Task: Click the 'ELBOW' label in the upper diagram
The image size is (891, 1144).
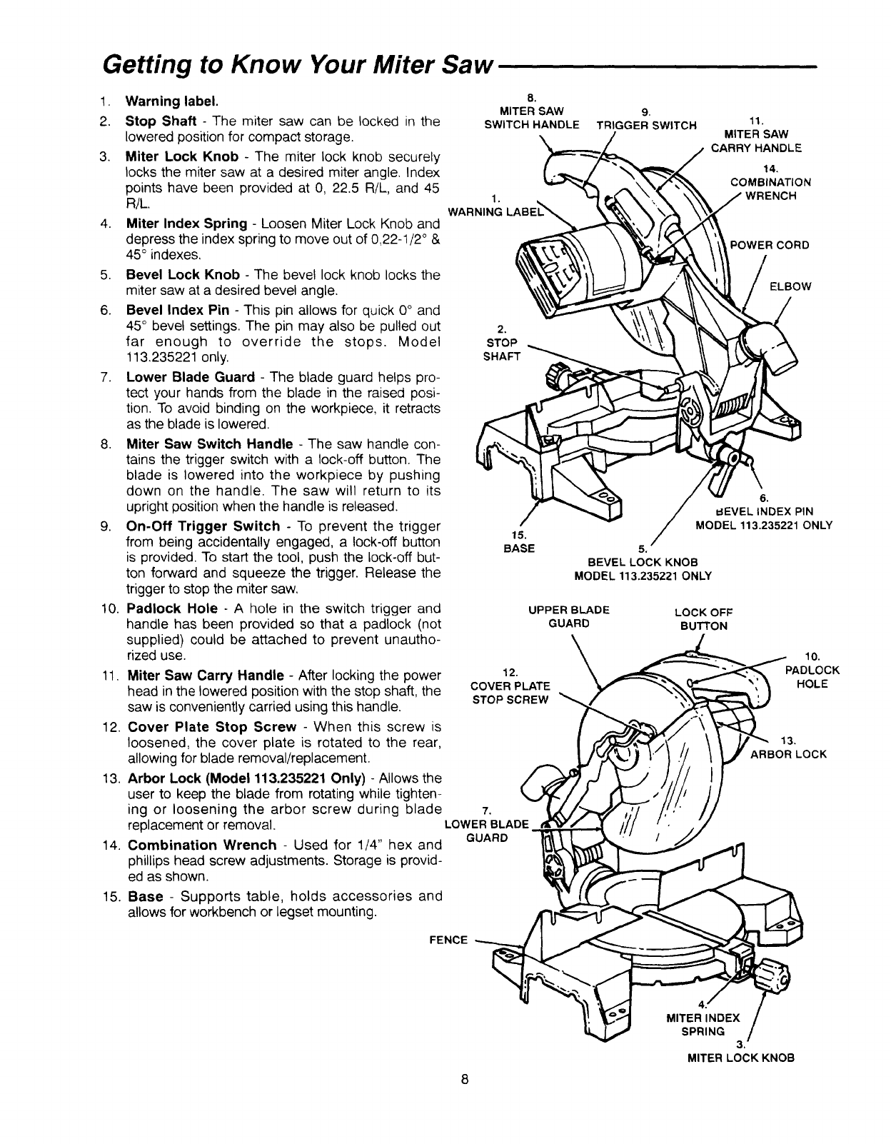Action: click(x=790, y=286)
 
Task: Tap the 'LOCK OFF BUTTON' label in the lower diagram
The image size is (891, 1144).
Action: click(x=704, y=619)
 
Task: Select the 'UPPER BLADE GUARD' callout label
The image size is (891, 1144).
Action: click(x=568, y=616)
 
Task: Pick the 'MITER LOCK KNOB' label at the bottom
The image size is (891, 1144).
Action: click(x=740, y=1058)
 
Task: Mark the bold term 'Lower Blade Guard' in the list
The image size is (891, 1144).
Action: click(x=190, y=377)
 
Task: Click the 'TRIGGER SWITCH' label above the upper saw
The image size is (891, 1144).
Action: click(x=646, y=126)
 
